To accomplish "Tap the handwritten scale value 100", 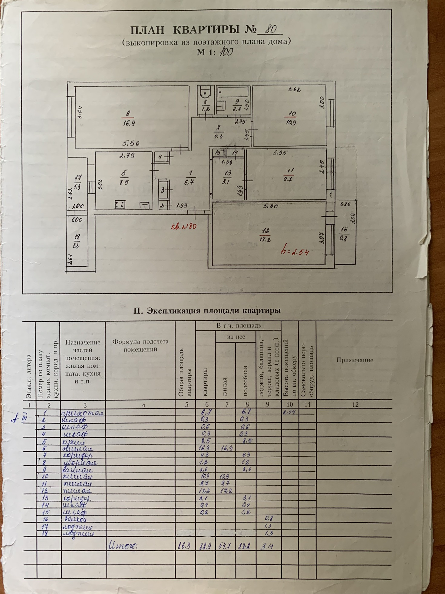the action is tap(226, 52).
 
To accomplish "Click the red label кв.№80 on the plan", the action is tap(183, 226).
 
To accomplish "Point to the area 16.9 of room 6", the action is tap(129, 123).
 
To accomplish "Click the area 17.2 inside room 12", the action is tap(265, 239).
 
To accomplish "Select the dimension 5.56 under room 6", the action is tap(131, 143).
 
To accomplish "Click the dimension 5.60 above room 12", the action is tap(270, 206).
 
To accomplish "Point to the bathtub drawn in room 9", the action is tap(233, 92).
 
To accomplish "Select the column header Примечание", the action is tap(354, 360).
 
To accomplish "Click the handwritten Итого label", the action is tap(123, 546).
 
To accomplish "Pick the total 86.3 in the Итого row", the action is tap(184, 546).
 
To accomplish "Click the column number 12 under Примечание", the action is tap(355, 404).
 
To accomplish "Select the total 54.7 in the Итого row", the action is tap(225, 546).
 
